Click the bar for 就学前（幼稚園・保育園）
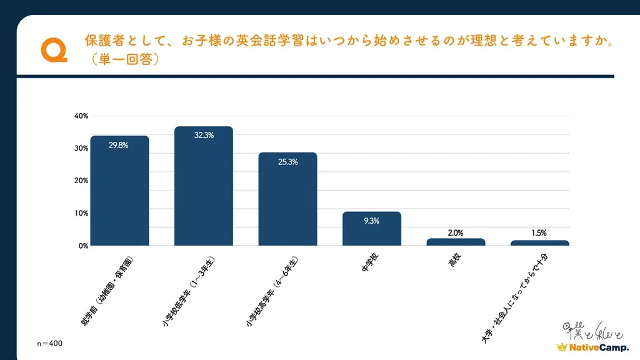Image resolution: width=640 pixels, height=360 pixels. (x=119, y=191)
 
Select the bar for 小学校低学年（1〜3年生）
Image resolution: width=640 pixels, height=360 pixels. (x=204, y=186)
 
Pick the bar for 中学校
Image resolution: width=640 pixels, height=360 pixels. (x=371, y=229)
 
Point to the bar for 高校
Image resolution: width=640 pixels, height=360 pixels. (x=456, y=242)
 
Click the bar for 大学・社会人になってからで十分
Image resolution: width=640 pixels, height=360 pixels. (x=539, y=243)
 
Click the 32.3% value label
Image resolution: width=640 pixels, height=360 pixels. (x=204, y=136)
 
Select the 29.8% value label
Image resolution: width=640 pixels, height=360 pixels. (x=119, y=145)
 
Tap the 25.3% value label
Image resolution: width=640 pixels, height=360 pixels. (x=287, y=162)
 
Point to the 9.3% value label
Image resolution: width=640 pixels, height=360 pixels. (x=371, y=221)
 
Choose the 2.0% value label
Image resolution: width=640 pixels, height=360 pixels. (x=456, y=232)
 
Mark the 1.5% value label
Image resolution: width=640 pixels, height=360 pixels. (x=539, y=232)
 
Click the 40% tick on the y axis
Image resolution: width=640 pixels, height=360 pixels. (x=81, y=116)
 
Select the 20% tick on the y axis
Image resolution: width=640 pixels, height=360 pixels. (x=81, y=181)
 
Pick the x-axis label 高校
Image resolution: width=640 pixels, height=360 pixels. (x=454, y=261)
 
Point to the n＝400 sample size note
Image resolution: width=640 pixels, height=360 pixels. (x=49, y=344)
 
